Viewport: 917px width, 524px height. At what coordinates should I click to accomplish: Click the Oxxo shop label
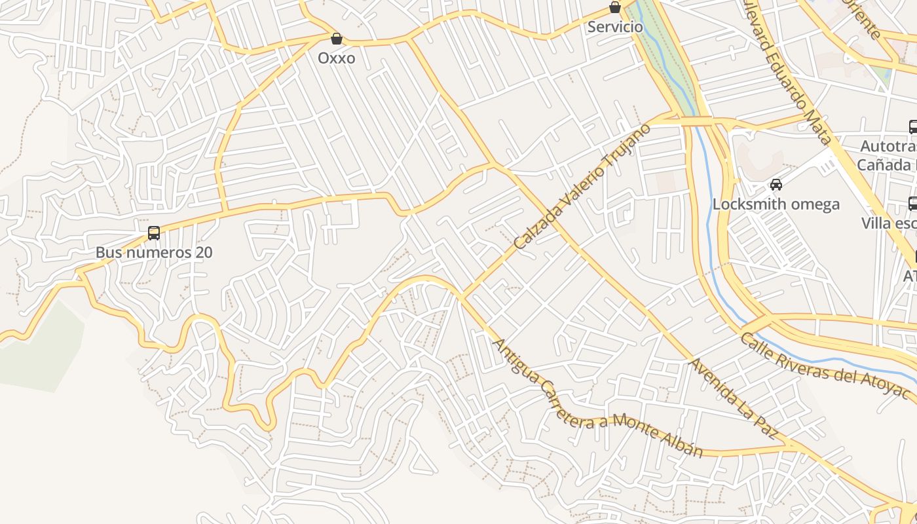[x=337, y=58]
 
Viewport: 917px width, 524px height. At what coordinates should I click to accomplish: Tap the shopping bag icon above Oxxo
[x=337, y=39]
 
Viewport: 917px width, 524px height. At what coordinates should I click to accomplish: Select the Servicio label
[x=615, y=27]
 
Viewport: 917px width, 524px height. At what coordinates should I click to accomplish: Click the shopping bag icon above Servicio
[x=615, y=8]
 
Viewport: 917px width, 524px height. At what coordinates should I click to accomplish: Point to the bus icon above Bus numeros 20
[x=154, y=233]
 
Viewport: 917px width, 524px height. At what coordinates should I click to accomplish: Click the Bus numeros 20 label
[x=154, y=252]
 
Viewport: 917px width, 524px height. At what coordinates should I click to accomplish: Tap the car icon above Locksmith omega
[x=776, y=185]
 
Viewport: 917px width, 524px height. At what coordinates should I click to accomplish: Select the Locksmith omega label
[x=776, y=204]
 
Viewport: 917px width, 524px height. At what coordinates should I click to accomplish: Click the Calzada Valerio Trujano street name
[x=582, y=187]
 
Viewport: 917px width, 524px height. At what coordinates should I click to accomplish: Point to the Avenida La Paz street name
[x=734, y=398]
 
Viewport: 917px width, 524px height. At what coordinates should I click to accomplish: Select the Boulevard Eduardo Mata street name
[x=786, y=69]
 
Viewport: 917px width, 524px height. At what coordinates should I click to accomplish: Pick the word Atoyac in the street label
[x=887, y=386]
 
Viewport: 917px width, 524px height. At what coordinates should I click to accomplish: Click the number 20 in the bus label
[x=203, y=252]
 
